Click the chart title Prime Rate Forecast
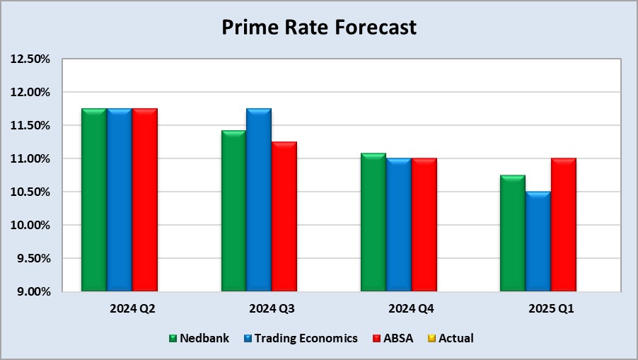coord(319,28)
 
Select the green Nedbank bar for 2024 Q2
coord(93,200)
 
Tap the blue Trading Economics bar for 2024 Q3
coord(258,200)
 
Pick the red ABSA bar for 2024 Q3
coord(284,216)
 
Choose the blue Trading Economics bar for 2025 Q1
coord(538,241)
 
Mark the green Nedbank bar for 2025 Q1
coord(512,233)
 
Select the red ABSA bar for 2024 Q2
coord(144,200)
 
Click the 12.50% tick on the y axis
coord(30,59)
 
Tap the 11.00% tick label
coord(30,159)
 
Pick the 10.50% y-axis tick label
coord(30,192)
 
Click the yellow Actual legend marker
coord(433,338)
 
